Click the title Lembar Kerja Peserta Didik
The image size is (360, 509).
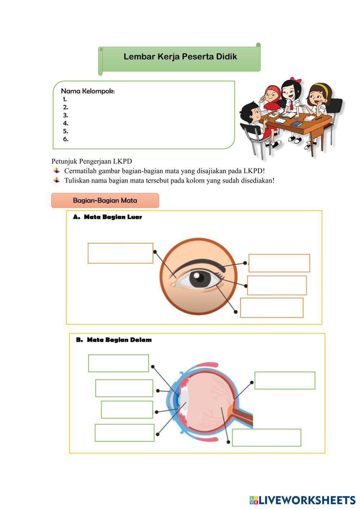pos(180,57)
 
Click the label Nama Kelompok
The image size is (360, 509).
pos(88,91)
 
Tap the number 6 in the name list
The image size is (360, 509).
pos(66,139)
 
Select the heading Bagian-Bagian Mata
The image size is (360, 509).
pos(105,201)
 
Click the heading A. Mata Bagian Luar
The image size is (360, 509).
pos(108,217)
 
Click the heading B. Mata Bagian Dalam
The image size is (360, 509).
pos(114,340)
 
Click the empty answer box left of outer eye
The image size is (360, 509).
pos(120,253)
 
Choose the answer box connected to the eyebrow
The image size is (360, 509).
pos(279,263)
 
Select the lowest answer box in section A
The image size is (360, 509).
pos(271,308)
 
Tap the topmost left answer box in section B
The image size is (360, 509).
pos(118,363)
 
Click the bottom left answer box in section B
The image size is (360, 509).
pos(125,433)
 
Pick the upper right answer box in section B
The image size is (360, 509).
pos(285,380)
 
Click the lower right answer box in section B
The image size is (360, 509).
pos(266,438)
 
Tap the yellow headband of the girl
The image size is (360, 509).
pos(319,87)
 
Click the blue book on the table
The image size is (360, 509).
pos(296,124)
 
